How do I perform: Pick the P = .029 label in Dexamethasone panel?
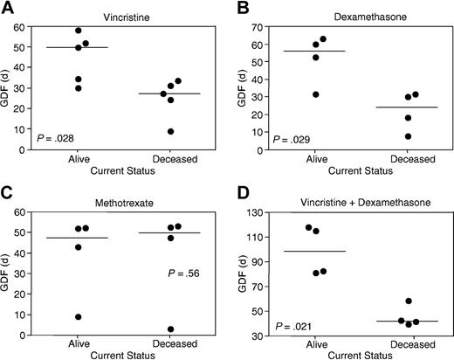[291, 139]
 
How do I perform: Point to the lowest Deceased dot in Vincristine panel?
[171, 131]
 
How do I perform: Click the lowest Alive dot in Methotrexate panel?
[79, 317]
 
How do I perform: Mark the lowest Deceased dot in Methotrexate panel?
[171, 329]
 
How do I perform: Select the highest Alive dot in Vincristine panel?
[79, 31]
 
